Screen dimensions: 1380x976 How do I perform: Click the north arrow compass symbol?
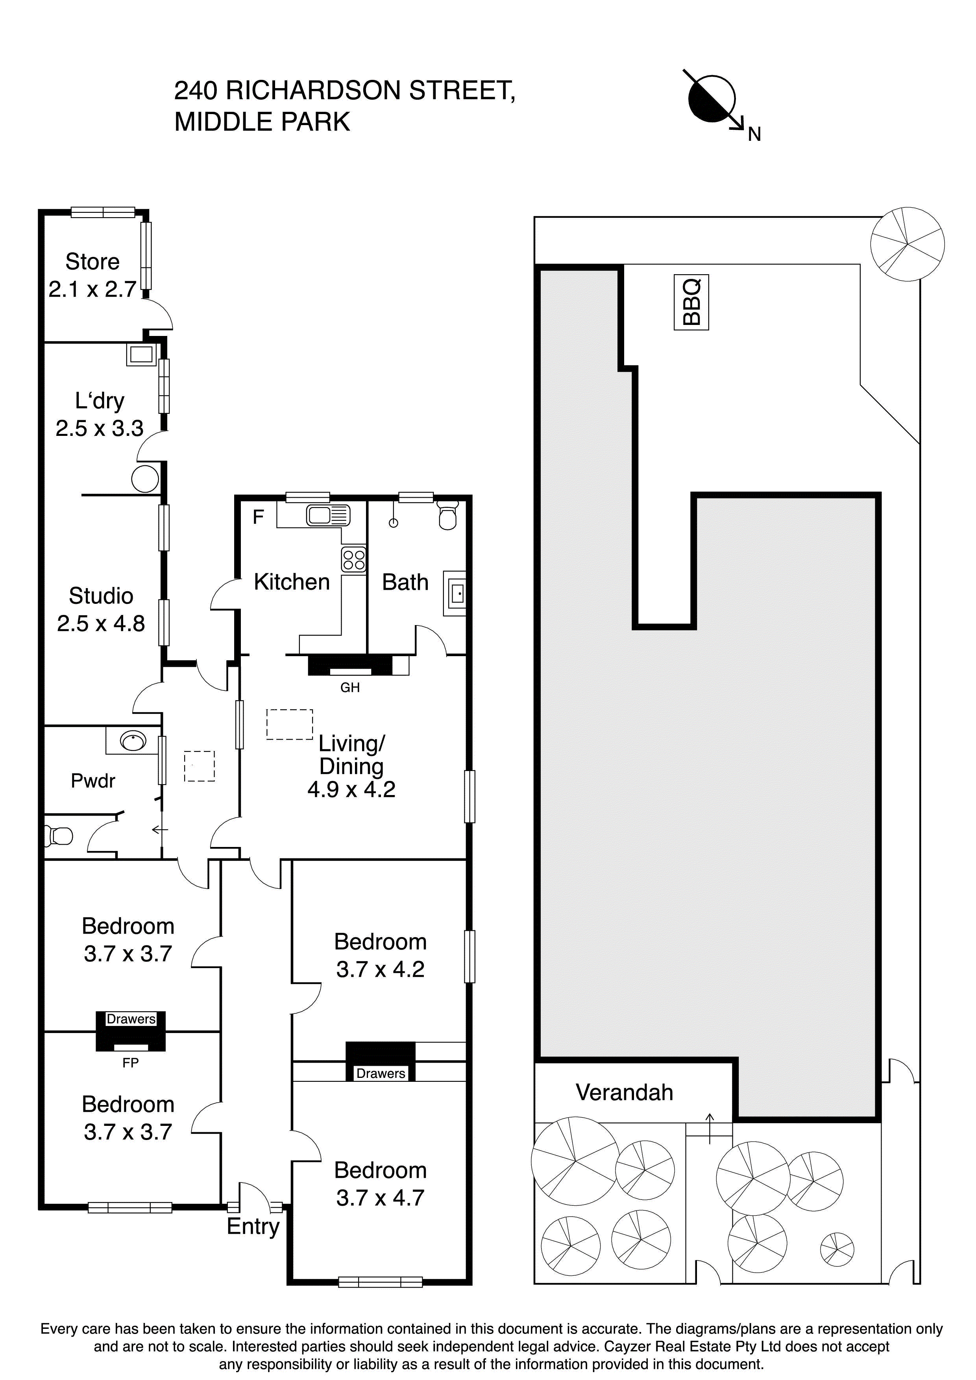pyautogui.click(x=712, y=99)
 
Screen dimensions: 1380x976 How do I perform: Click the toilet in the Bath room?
pyautogui.click(x=447, y=515)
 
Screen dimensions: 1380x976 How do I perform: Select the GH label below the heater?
pyautogui.click(x=349, y=687)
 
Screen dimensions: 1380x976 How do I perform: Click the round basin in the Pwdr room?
pyautogui.click(x=133, y=740)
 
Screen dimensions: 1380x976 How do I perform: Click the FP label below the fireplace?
pyautogui.click(x=131, y=1063)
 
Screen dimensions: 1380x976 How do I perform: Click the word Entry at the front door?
pyautogui.click(x=253, y=1226)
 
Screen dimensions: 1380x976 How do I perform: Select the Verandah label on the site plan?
pyautogui.click(x=624, y=1092)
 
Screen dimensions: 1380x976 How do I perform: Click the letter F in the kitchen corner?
pyautogui.click(x=258, y=517)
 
